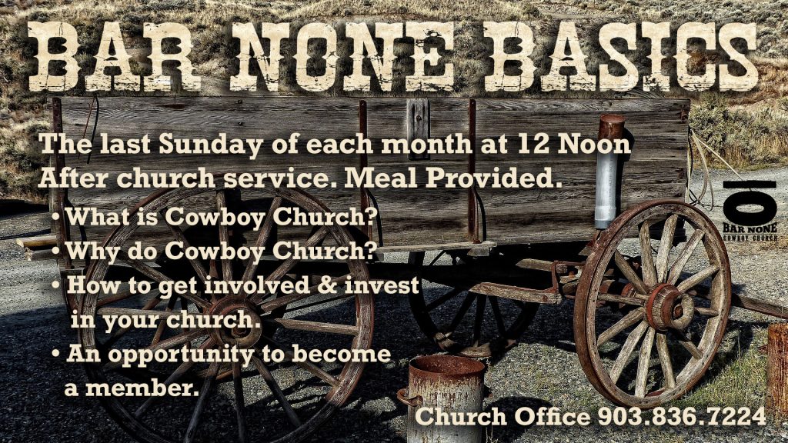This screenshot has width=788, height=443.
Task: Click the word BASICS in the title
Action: [x=622, y=56]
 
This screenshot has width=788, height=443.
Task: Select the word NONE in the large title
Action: [x=342, y=56]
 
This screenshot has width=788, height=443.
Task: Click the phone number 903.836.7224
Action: [x=682, y=417]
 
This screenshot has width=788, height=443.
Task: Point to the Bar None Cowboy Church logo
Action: [x=750, y=211]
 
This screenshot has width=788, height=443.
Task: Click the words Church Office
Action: [x=503, y=417]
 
